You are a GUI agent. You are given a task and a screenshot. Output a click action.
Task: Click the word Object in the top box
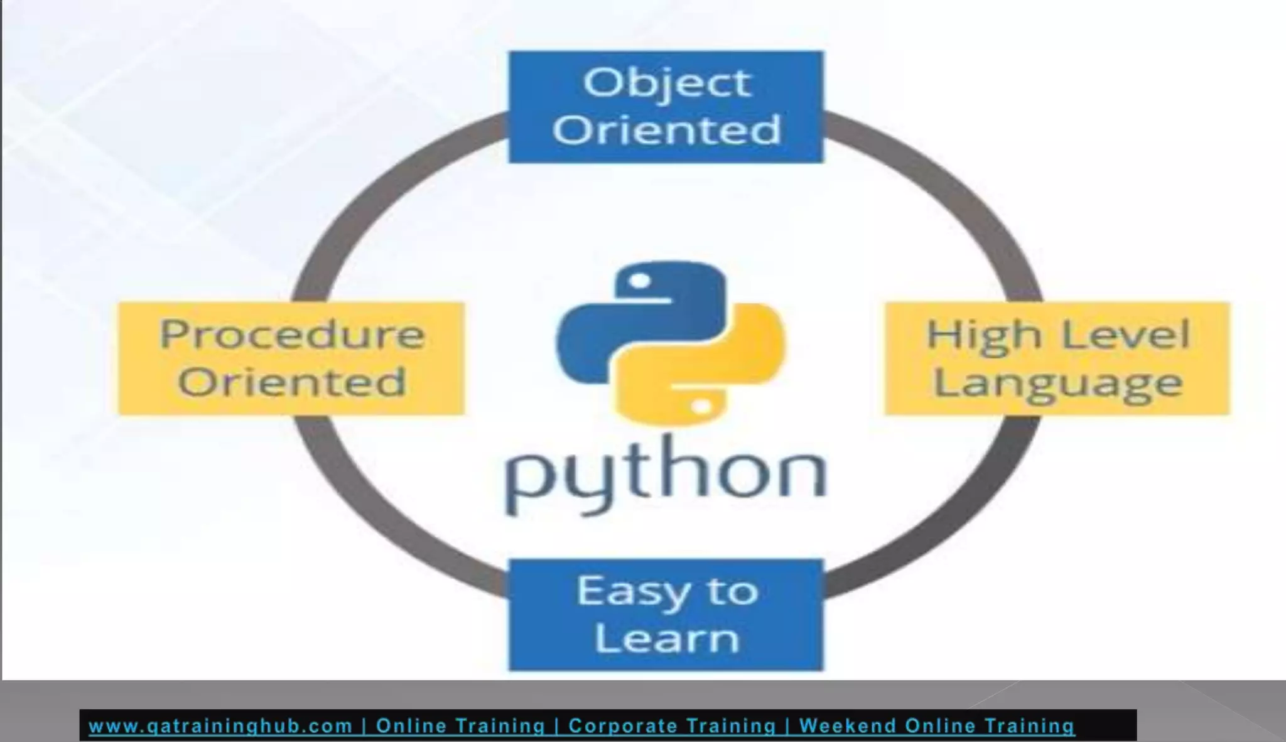666,83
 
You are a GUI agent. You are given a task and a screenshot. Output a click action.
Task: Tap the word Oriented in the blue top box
666,130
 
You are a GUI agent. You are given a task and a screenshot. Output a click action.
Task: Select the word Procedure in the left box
292,334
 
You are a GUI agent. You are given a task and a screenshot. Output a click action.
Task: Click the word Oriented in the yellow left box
292,382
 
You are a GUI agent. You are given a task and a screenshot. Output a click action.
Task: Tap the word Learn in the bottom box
666,638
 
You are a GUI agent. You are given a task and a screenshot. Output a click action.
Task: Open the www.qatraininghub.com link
220,726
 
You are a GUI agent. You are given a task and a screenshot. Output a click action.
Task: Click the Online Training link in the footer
460,726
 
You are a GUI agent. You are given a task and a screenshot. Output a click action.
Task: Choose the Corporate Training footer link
672,726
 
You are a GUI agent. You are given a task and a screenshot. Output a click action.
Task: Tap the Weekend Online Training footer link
937,726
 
